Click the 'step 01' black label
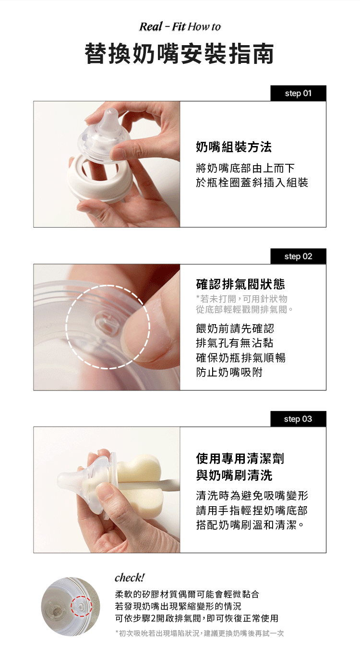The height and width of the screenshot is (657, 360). pyautogui.click(x=298, y=93)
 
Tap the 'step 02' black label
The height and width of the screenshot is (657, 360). pyautogui.click(x=298, y=256)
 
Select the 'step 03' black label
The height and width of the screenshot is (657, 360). pyautogui.click(x=298, y=419)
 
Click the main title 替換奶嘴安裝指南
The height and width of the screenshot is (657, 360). pyautogui.click(x=180, y=54)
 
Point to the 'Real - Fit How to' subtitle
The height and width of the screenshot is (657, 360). pyautogui.click(x=180, y=27)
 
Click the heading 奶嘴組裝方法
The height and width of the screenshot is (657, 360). pyautogui.click(x=234, y=147)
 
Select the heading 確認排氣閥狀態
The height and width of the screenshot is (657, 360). pyautogui.click(x=240, y=284)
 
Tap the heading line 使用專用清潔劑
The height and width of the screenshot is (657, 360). pyautogui.click(x=240, y=459)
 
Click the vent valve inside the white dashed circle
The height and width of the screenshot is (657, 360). pyautogui.click(x=105, y=324)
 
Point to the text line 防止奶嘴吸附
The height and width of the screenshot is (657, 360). pyautogui.click(x=229, y=372)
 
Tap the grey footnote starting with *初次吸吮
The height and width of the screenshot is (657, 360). pyautogui.click(x=199, y=633)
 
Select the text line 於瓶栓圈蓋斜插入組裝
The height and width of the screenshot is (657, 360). pyautogui.click(x=252, y=182)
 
